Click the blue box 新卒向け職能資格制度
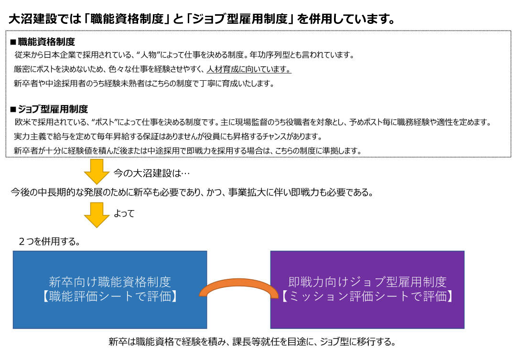(110, 290)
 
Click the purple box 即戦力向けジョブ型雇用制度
(367, 290)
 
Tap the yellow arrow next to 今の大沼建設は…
(97, 171)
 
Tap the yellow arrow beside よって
(97, 215)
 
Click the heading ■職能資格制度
(43, 42)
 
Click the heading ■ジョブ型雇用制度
(49, 109)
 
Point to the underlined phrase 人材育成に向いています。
(249, 69)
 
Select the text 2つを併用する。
(50, 242)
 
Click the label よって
(124, 213)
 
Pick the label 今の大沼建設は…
(152, 173)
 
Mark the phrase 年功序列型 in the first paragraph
(269, 55)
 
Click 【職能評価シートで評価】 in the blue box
(110, 296)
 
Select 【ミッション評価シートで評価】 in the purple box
(367, 296)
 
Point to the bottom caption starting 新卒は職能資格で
(252, 342)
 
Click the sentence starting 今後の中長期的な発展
(192, 192)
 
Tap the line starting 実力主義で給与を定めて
(168, 137)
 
